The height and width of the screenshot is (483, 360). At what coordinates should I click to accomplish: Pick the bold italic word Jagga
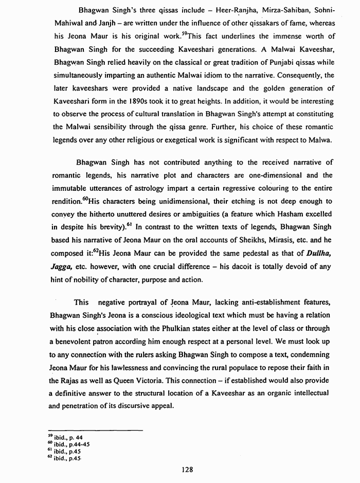(64, 266)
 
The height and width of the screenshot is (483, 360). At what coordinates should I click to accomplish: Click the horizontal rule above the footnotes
(95, 430)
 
